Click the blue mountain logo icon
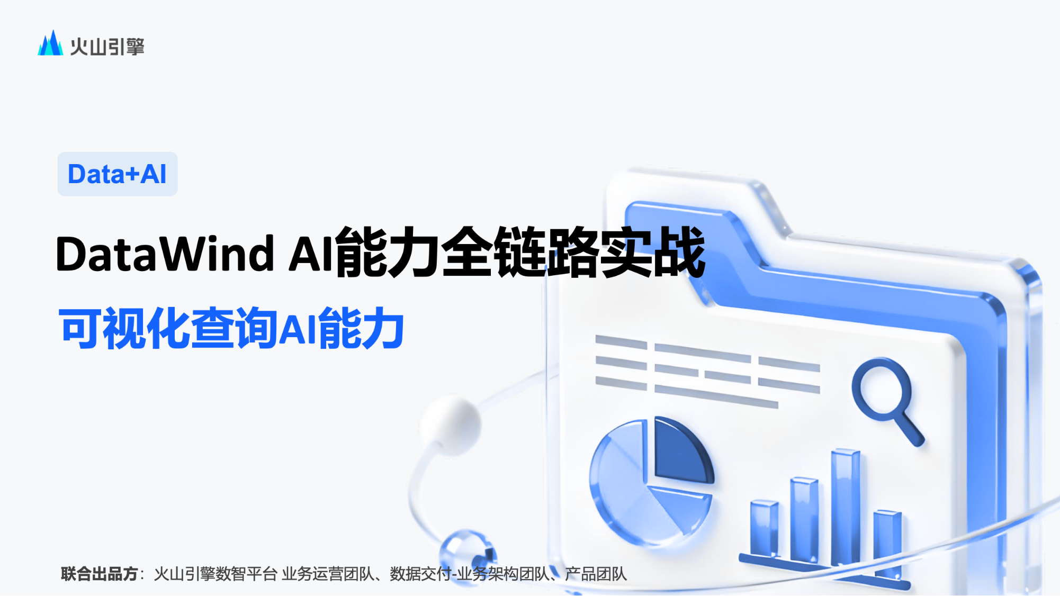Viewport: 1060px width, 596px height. pos(50,43)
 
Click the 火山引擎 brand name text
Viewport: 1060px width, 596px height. pos(107,47)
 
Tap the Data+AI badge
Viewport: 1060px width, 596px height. pos(118,174)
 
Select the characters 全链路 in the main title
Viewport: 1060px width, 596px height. pos(521,252)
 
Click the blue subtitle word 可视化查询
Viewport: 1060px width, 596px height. pos(168,328)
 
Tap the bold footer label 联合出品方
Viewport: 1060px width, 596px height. pos(100,574)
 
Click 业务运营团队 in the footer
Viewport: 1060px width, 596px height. pos(328,574)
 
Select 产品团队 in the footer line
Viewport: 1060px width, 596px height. pos(596,574)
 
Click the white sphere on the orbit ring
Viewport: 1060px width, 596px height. pos(451,425)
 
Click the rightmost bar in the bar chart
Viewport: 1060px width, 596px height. pos(887,543)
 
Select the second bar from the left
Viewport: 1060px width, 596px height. pos(804,519)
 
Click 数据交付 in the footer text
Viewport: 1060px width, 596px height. pos(420,574)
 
